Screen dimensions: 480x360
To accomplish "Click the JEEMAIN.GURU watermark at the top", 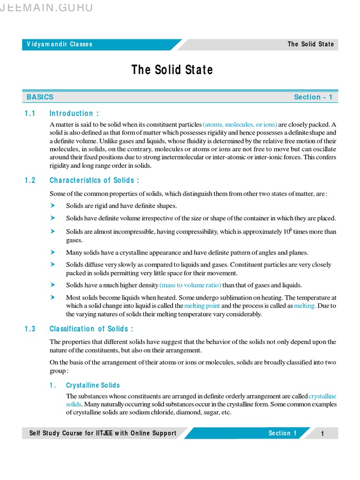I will pos(47,7).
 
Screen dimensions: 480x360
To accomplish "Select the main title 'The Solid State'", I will pos(172,70).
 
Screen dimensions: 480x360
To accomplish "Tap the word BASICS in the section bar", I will pos(40,97).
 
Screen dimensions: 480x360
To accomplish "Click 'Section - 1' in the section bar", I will pos(313,97).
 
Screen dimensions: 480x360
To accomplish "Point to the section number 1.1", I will pos(30,113).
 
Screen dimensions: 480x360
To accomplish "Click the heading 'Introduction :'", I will pos(74,113).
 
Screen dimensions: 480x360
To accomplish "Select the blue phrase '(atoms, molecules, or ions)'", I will pos(240,125).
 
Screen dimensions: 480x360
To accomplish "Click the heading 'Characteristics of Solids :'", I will pos(94,180).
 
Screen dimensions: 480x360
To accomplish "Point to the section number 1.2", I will pos(30,180).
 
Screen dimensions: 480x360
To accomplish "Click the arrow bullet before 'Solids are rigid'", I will pos(53,205).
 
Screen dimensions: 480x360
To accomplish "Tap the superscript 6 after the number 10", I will pos(291,229).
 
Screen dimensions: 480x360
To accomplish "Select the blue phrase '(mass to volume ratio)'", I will pos(190,285).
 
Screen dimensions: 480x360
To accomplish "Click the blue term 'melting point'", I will pos(202,306).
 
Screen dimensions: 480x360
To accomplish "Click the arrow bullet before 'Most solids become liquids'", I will pos(53,297).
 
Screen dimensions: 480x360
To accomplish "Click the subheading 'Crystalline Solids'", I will pos(93,385).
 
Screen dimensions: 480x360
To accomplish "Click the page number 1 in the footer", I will pos(322,434).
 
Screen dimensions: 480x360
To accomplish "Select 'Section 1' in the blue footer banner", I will pos(282,433).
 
